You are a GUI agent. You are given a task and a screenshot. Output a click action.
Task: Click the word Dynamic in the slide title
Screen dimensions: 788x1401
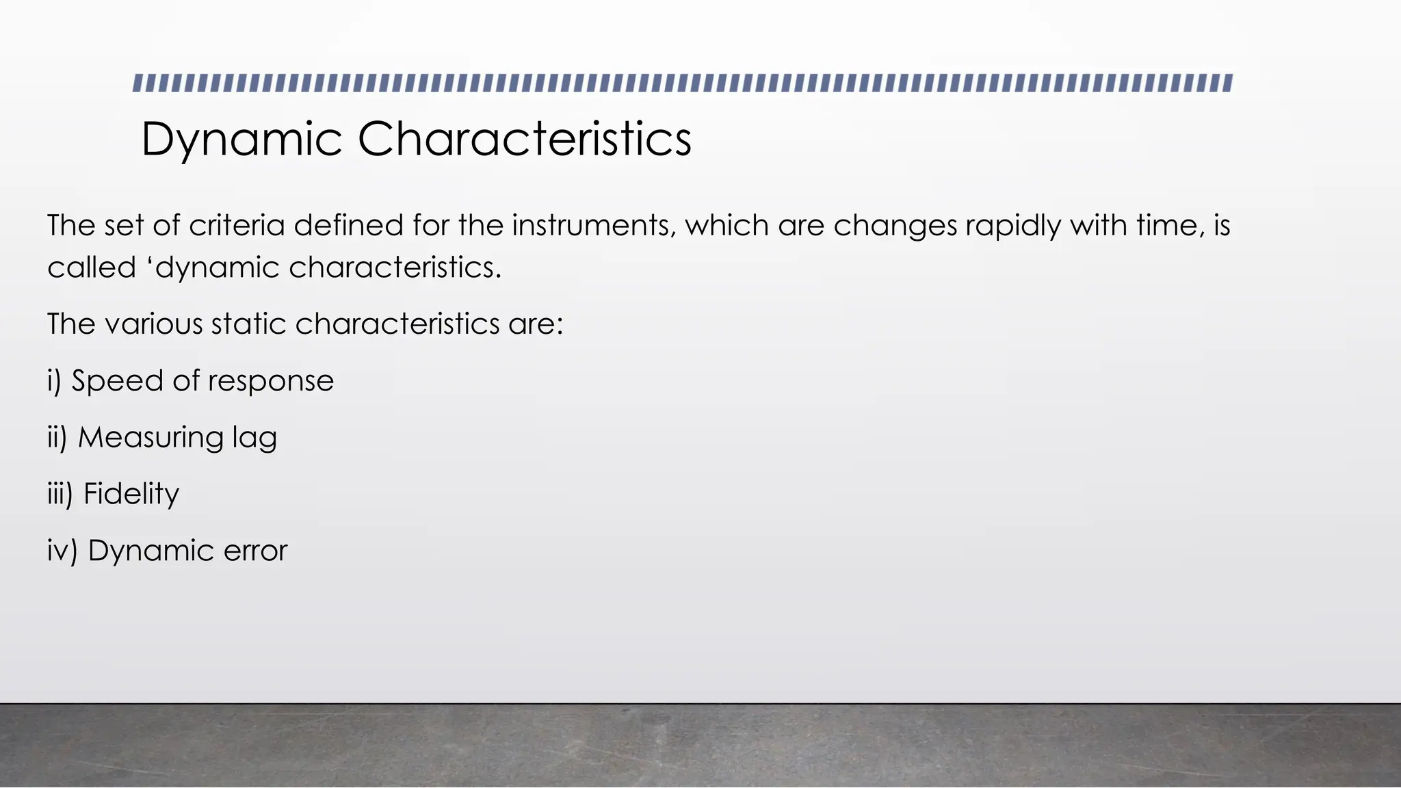(241, 140)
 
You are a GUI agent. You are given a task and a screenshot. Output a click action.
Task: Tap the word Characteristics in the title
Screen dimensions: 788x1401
(524, 139)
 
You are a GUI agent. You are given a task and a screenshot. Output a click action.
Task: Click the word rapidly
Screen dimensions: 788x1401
(1013, 226)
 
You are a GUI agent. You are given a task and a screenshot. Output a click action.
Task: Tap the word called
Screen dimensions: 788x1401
(92, 267)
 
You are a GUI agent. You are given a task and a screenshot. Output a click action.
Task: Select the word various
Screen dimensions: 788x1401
(153, 324)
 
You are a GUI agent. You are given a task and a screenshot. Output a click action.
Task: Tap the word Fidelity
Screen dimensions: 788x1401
(131, 494)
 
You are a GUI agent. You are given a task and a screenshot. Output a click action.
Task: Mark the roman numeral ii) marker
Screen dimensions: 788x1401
(57, 438)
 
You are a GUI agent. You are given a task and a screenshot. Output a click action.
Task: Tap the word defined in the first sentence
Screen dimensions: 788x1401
(349, 225)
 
